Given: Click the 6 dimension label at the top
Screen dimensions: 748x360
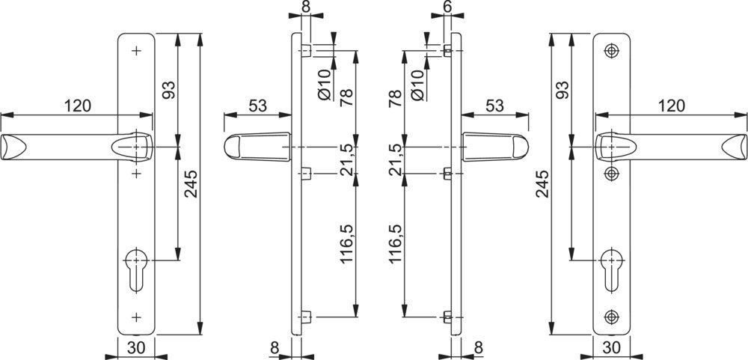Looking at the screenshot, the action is (x=447, y=7).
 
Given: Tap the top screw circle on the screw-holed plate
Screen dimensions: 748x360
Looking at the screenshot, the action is (x=611, y=51).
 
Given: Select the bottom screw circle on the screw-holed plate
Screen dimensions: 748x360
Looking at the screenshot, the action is (x=611, y=317).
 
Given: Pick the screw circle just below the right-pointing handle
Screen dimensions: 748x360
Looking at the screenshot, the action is (x=611, y=174).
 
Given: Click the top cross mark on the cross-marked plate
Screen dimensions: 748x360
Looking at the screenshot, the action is (x=136, y=51).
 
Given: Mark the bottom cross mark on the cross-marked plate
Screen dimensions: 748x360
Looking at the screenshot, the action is (x=136, y=317).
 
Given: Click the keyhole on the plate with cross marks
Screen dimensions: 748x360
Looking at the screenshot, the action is (x=136, y=269).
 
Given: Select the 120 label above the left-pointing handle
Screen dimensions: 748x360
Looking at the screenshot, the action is (x=78, y=106).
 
